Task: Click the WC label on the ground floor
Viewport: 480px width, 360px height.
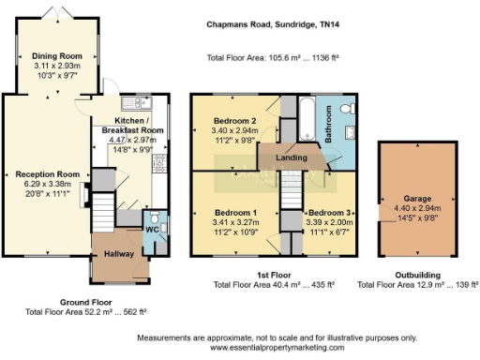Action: (x=151, y=230)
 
